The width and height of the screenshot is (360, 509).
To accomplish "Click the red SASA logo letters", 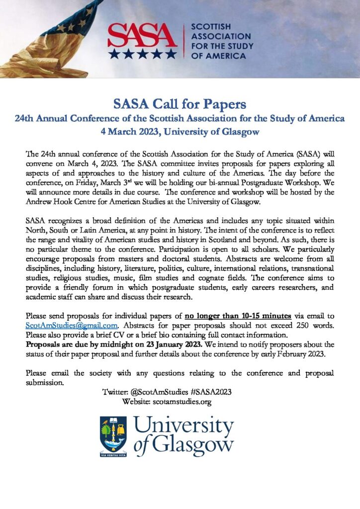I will click(x=142, y=35).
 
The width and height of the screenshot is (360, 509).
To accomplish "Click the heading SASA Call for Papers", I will click(x=180, y=104).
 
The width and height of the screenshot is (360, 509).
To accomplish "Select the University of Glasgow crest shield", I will click(x=113, y=433).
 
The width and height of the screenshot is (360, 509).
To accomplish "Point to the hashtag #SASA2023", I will click(x=211, y=392).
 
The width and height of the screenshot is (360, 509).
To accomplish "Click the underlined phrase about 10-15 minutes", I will click(x=238, y=316).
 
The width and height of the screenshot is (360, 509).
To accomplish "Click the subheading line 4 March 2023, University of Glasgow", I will click(x=180, y=132).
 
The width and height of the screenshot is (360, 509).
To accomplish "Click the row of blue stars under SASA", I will click(x=142, y=53).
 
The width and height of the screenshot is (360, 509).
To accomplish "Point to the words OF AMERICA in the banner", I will click(x=218, y=56).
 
